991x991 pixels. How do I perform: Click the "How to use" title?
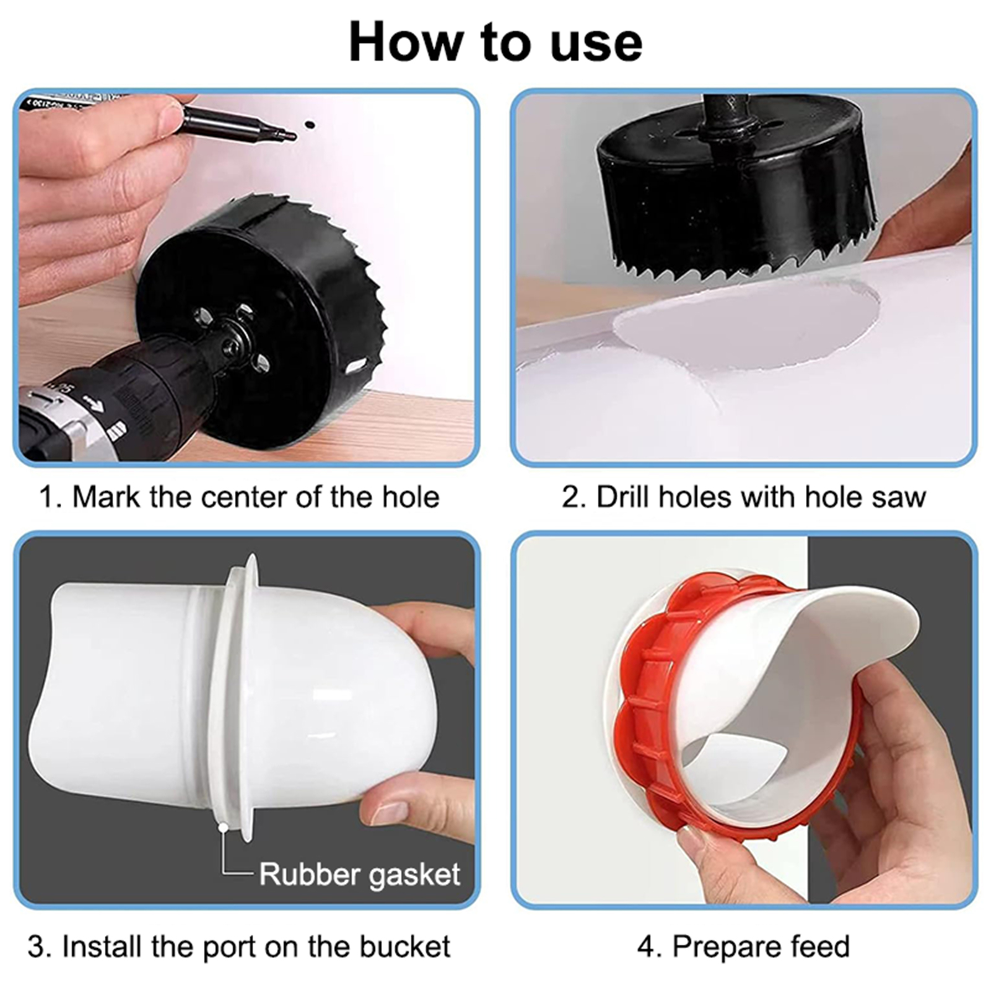(495, 42)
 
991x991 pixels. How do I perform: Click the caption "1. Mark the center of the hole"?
(239, 497)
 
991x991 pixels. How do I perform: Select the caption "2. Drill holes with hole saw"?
(743, 497)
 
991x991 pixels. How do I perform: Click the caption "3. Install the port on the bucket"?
(239, 946)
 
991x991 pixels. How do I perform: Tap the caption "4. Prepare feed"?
(743, 946)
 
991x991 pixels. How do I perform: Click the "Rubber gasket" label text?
(359, 875)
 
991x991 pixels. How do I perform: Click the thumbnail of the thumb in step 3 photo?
(389, 812)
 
